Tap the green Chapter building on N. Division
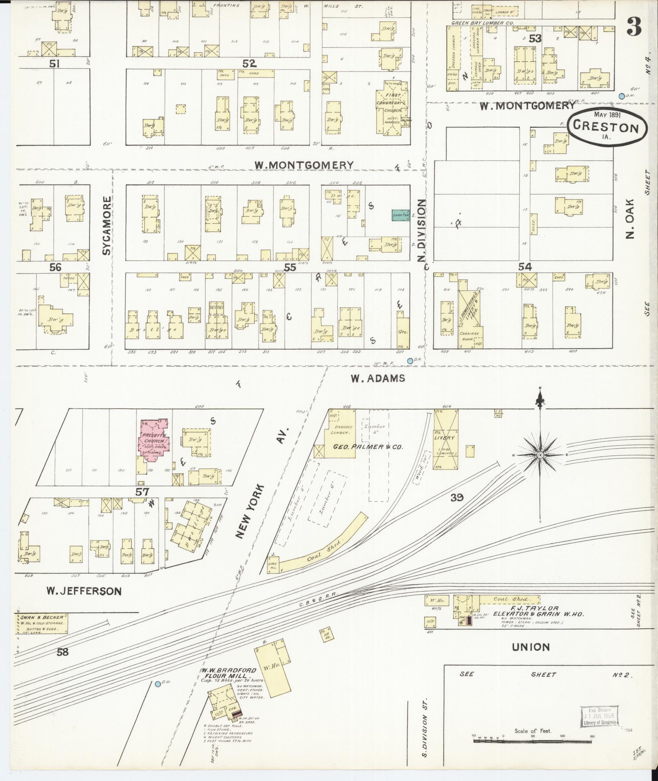click(401, 215)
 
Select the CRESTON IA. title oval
click(606, 127)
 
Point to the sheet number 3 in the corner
click(634, 27)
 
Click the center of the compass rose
click(541, 455)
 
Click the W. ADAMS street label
click(378, 378)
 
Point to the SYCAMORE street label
click(106, 226)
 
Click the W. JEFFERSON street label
click(84, 591)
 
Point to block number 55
click(290, 267)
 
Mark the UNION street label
click(530, 647)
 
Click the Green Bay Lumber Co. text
click(481, 24)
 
